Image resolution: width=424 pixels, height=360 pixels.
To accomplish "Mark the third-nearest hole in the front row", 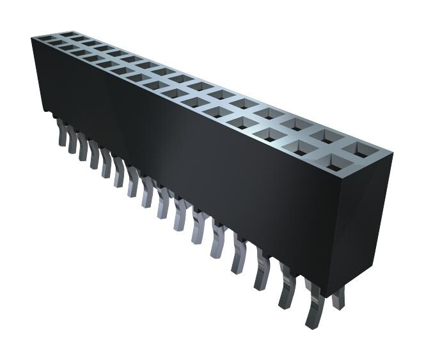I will coord(271,136).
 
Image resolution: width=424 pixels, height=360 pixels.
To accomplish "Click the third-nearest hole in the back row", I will coord(301,126).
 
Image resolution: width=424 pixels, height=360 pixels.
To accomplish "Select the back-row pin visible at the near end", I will coord(338,295).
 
